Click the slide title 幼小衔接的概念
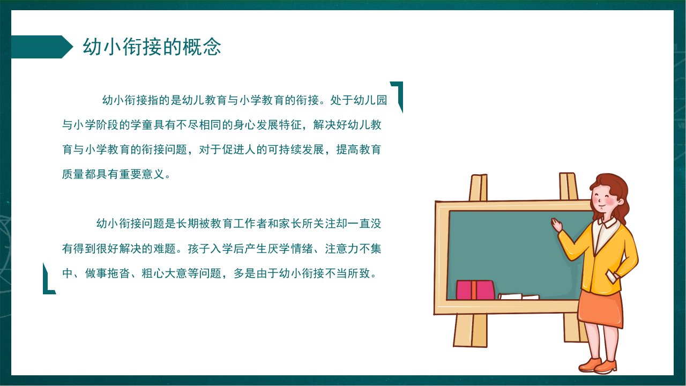[152, 47]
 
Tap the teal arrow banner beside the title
[42, 47]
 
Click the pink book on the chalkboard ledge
[475, 290]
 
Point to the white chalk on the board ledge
[518, 296]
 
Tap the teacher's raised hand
[557, 225]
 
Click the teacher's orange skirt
[600, 309]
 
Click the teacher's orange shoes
[598, 366]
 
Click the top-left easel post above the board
[478, 188]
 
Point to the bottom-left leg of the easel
[471, 331]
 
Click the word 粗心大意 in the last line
[164, 273]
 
